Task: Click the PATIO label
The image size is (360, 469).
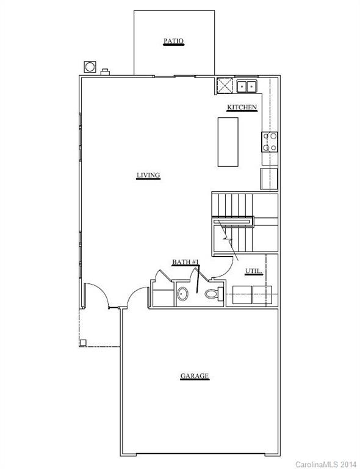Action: click(173, 42)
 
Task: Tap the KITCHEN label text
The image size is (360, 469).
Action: click(242, 107)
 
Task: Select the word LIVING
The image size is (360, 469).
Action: click(148, 176)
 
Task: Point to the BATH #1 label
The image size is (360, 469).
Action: click(185, 262)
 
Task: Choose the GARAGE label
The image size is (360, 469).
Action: click(195, 376)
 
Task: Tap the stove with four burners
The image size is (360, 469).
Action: click(270, 142)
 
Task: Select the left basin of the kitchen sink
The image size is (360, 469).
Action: click(242, 86)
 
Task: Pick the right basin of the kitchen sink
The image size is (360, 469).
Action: click(251, 86)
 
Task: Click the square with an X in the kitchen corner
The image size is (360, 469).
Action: click(224, 86)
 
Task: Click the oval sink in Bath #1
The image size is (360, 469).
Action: click(182, 296)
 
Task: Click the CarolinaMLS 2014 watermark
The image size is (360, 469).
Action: click(326, 464)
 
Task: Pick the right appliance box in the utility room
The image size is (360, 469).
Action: click(263, 295)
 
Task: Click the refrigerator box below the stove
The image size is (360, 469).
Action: click(269, 179)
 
